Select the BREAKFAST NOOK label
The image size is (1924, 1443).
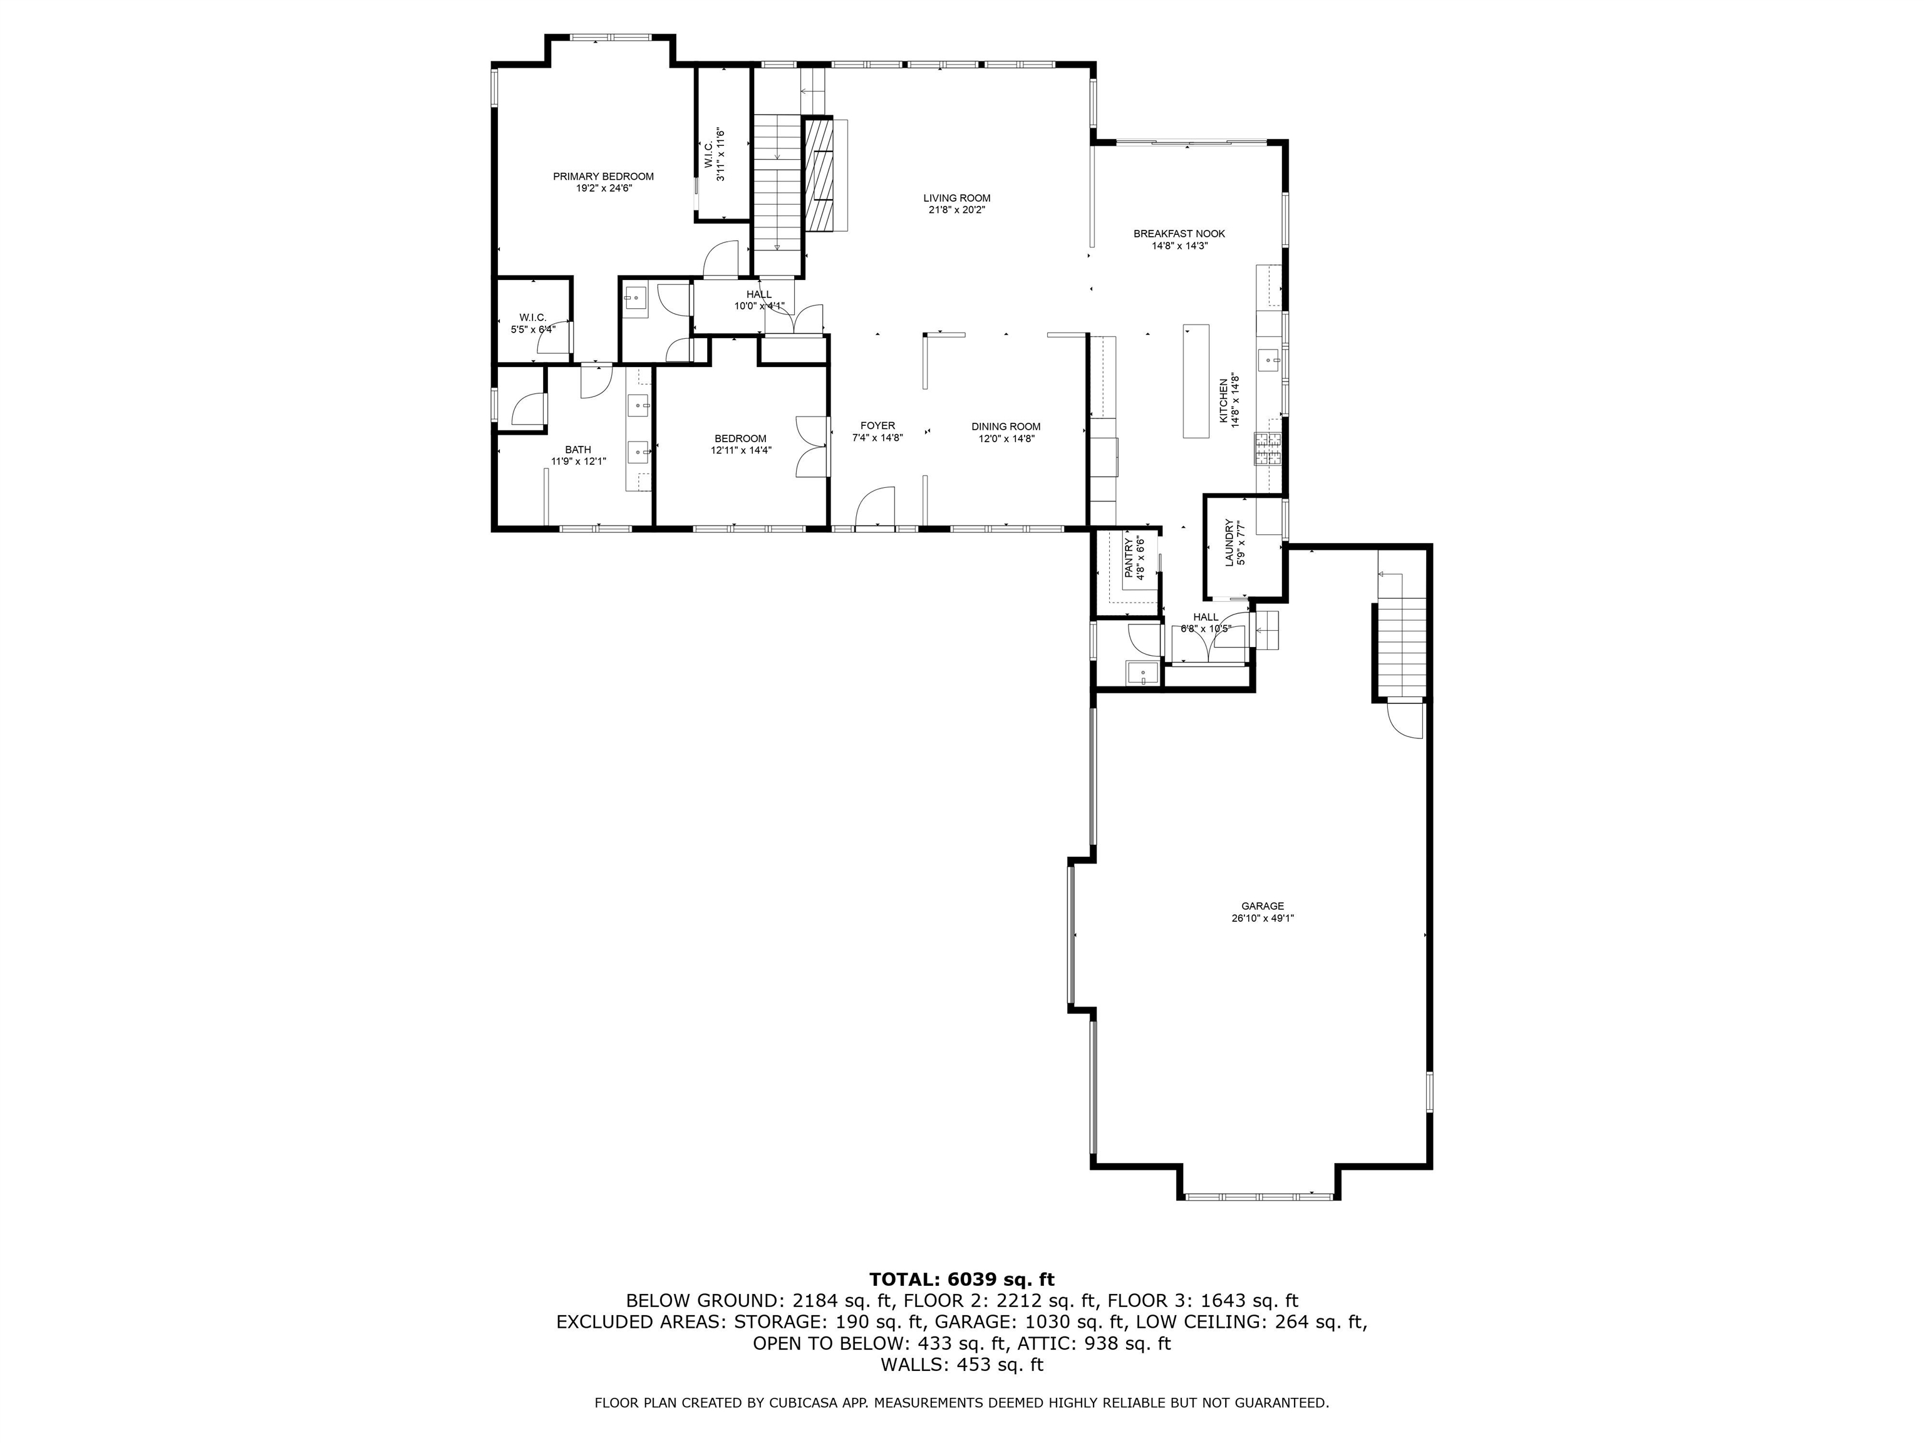pyautogui.click(x=1179, y=234)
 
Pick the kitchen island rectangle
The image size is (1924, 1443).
pyautogui.click(x=1196, y=380)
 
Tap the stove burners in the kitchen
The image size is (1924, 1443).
pyautogui.click(x=1266, y=449)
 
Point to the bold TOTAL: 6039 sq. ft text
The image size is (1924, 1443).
pyautogui.click(x=961, y=1280)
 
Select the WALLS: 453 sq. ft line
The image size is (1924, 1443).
pyautogui.click(x=961, y=1365)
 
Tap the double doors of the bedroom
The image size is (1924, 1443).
pyautogui.click(x=810, y=446)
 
